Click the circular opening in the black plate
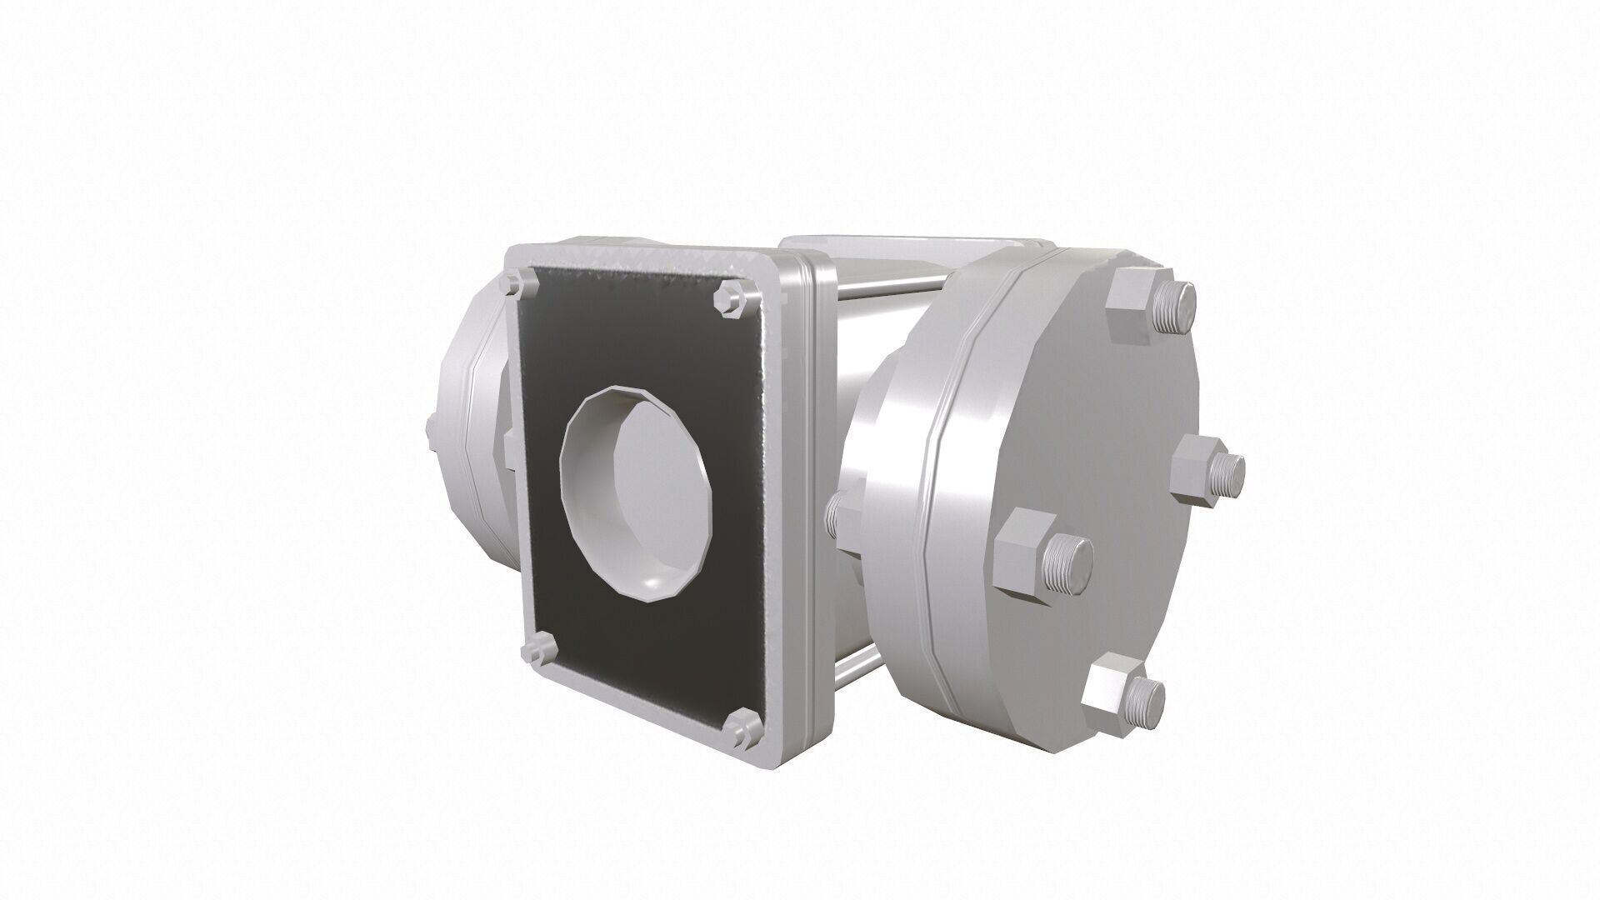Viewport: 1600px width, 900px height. tap(638, 492)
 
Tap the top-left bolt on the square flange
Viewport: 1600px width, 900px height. tap(518, 282)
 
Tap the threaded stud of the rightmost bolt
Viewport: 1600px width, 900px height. tap(1228, 473)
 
